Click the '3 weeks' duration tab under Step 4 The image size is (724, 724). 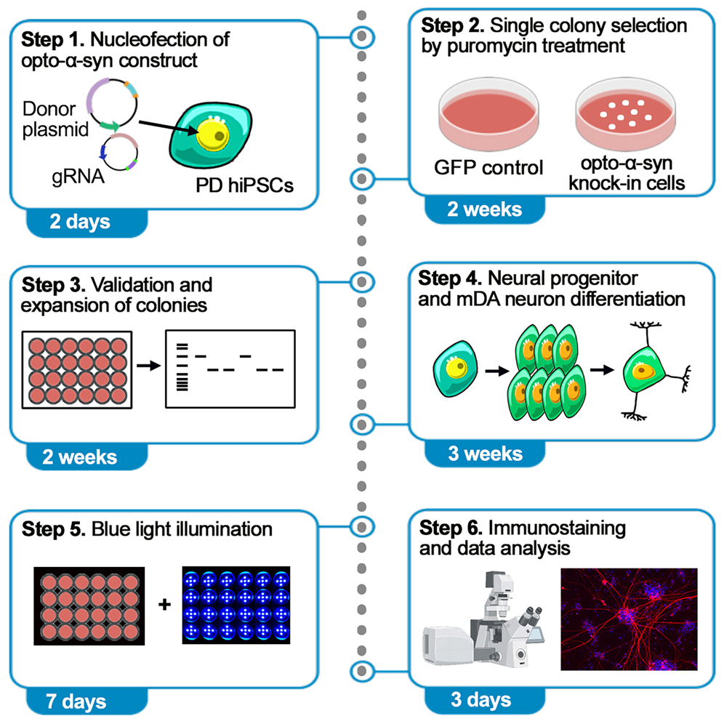pyautogui.click(x=485, y=454)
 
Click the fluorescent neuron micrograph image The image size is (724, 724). pyautogui.click(x=629, y=619)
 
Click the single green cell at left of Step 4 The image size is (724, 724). pyautogui.click(x=456, y=370)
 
